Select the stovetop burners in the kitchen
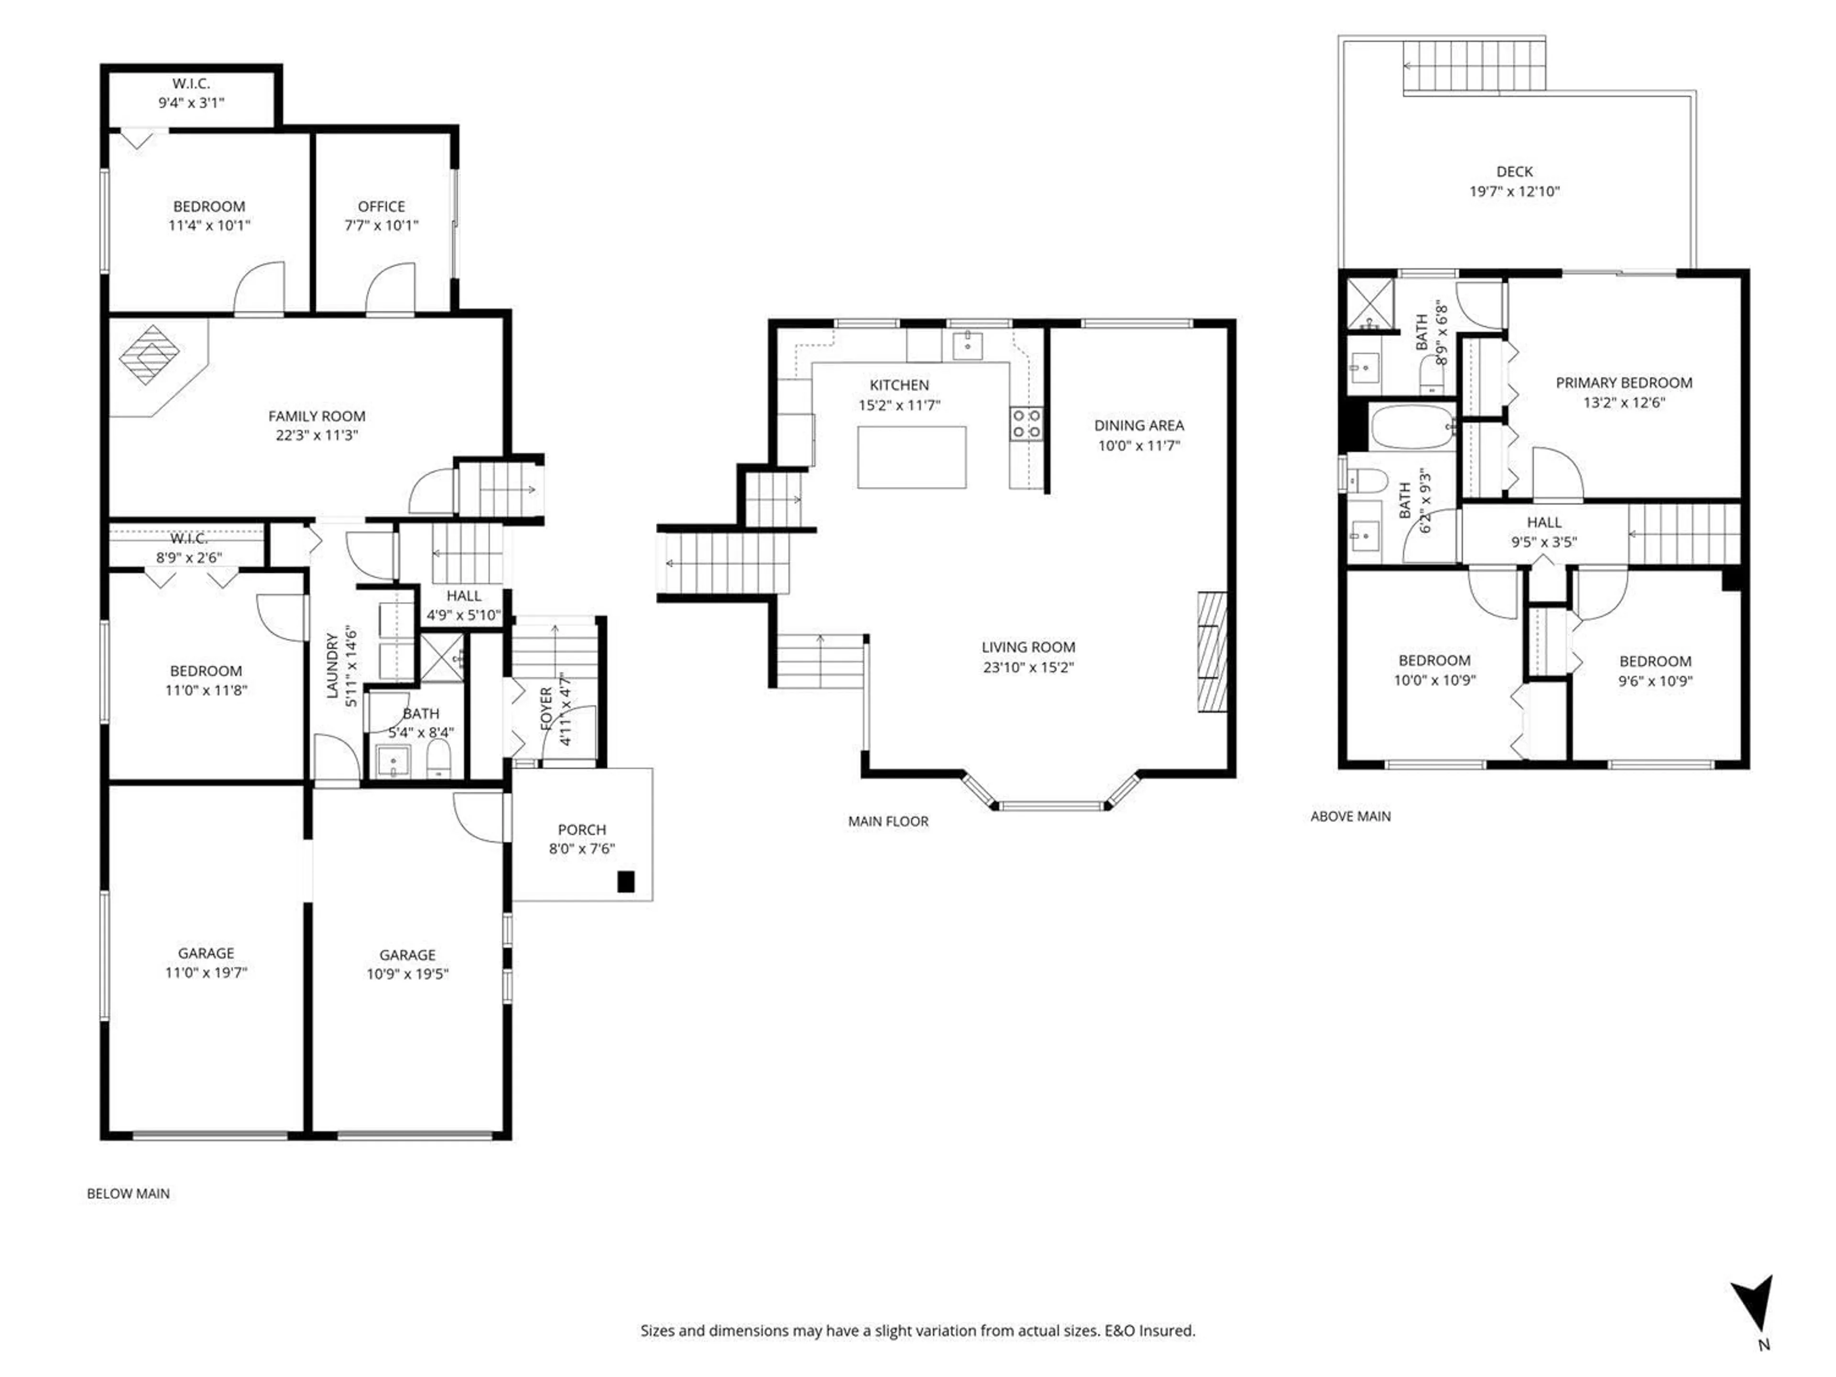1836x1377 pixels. coord(1026,423)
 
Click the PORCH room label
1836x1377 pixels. coord(582,829)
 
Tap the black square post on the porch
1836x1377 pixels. coord(626,882)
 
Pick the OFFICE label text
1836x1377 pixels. coord(381,206)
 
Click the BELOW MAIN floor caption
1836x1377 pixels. coord(129,1193)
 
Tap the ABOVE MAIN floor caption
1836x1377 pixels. coord(1350,816)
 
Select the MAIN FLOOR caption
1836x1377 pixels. coord(888,821)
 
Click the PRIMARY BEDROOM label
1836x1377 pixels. coord(1624,382)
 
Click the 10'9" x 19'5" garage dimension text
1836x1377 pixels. coord(407,973)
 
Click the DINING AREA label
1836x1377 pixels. coord(1139,425)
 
